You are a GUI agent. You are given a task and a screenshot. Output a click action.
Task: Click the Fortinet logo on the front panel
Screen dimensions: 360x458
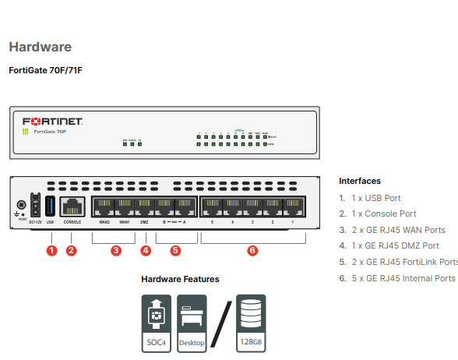tap(52, 122)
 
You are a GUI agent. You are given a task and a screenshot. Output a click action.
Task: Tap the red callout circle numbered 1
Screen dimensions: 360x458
tap(51, 250)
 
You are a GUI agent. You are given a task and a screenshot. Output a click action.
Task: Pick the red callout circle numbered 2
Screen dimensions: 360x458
tap(72, 250)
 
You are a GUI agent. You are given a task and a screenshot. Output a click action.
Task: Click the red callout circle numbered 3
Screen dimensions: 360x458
tap(115, 250)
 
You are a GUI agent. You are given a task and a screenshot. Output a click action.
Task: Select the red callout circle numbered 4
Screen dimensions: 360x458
tap(146, 250)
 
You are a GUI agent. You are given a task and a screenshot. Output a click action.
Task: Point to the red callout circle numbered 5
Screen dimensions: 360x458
tap(175, 250)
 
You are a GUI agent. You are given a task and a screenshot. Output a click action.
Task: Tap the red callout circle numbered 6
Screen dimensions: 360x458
tap(252, 250)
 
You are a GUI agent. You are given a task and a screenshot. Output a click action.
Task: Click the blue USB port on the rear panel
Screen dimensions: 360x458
tap(51, 206)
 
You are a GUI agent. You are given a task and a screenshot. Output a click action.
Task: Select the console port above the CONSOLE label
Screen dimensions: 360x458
tap(72, 206)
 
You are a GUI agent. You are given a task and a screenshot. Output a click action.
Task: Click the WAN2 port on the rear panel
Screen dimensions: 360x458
tap(104, 207)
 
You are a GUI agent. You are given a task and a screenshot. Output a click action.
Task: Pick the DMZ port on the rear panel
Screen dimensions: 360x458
tap(145, 207)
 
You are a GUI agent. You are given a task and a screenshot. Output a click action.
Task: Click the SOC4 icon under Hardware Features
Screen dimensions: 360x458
tap(156, 322)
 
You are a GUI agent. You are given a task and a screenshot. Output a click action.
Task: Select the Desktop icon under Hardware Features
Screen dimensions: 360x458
tap(192, 322)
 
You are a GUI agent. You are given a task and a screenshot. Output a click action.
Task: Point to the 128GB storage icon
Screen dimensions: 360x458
tap(250, 322)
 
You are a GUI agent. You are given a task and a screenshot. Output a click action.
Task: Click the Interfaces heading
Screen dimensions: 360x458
tap(360, 181)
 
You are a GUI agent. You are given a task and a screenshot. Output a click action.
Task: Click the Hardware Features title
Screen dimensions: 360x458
tap(180, 279)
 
